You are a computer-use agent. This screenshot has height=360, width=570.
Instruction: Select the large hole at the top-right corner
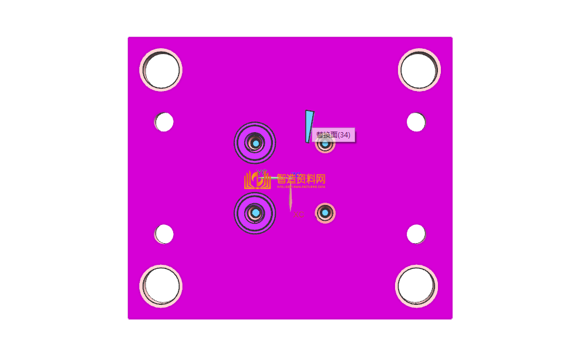(419, 69)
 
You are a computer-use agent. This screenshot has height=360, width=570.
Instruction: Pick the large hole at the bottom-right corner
(417, 287)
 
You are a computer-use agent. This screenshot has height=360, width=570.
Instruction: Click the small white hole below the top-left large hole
(164, 122)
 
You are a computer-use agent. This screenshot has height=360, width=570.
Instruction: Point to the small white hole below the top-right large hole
(416, 122)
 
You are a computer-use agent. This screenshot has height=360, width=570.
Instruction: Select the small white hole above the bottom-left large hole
(164, 234)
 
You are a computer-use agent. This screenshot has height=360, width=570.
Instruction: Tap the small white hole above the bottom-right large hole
(416, 234)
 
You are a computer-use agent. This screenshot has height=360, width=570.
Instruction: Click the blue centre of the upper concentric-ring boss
(255, 143)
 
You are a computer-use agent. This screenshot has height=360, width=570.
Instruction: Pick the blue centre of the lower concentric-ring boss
(255, 212)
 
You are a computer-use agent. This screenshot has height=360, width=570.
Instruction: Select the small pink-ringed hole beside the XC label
(325, 212)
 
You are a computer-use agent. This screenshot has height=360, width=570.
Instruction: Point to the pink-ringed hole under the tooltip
(325, 144)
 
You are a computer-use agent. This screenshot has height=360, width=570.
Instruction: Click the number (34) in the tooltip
(344, 135)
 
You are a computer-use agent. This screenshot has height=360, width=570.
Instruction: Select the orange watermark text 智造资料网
(301, 179)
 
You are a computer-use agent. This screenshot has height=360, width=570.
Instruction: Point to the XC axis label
(299, 215)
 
